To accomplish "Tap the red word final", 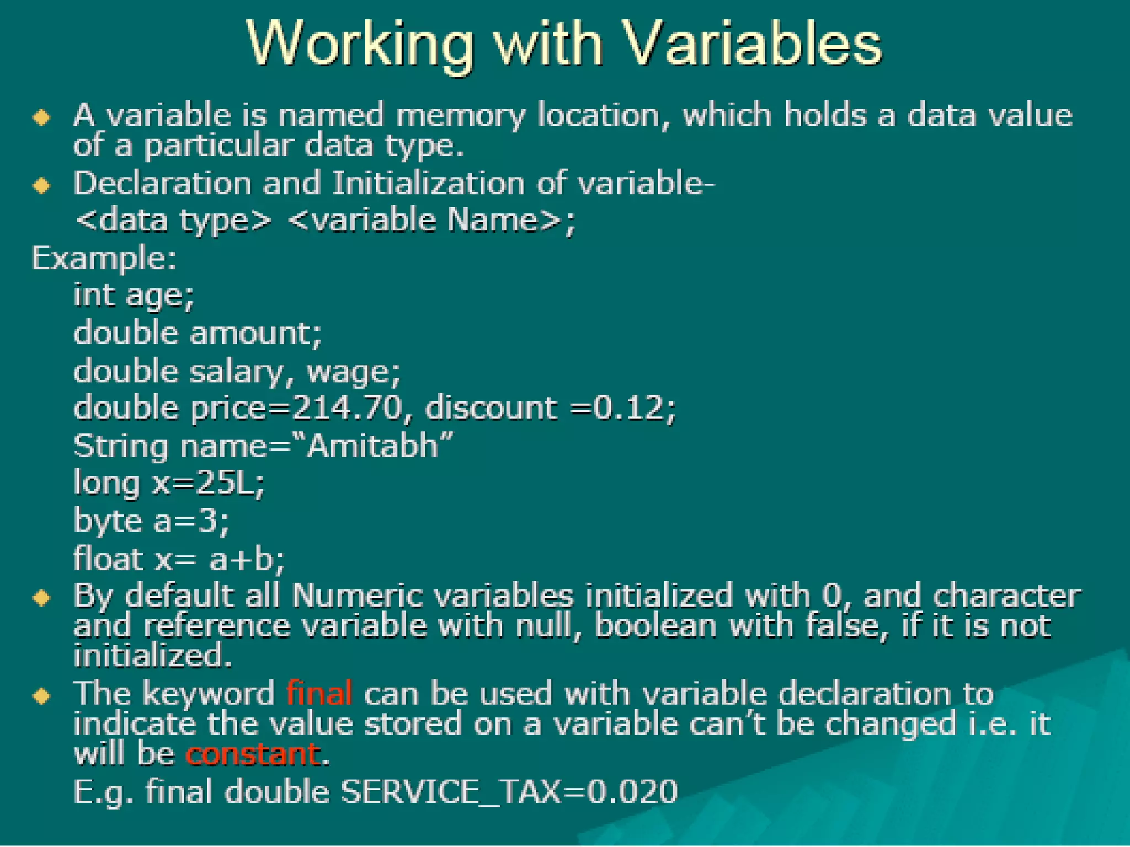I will point(319,693).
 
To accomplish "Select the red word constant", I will point(253,754).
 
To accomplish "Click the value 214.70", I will point(347,408).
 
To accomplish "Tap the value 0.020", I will point(632,792).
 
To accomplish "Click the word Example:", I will point(104,258).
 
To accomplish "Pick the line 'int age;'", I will point(134,296).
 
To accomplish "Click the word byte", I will point(108,522).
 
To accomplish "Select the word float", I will point(108,559).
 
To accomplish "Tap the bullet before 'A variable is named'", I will point(42,117).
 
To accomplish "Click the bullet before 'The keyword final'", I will point(42,695).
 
